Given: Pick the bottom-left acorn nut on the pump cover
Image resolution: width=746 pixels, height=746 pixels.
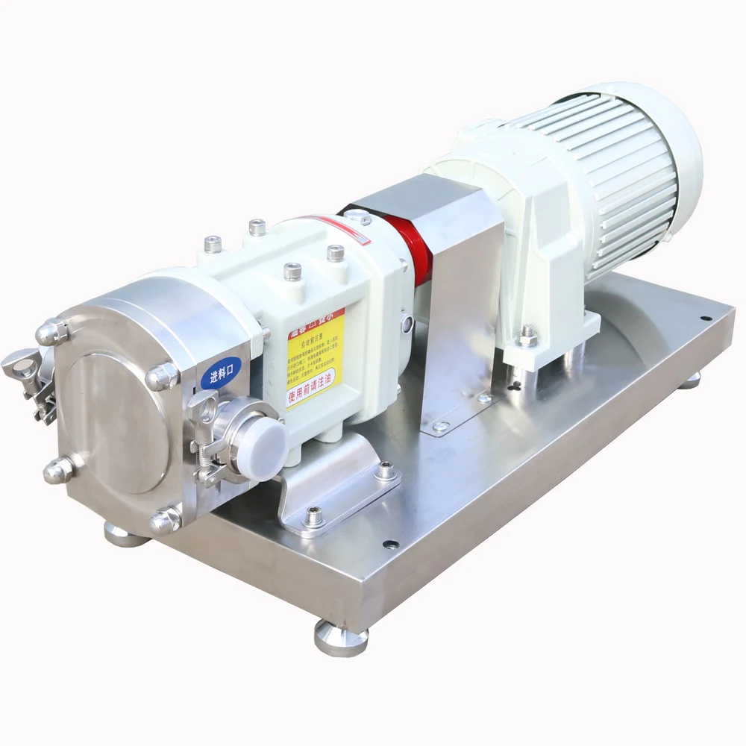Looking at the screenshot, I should [x=59, y=470].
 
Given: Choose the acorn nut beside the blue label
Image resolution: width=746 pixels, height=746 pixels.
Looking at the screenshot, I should [x=162, y=377].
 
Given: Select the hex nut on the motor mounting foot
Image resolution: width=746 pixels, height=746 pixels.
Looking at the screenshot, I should [x=528, y=336].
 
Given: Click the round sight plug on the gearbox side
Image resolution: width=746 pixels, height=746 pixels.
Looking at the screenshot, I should [x=407, y=322].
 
